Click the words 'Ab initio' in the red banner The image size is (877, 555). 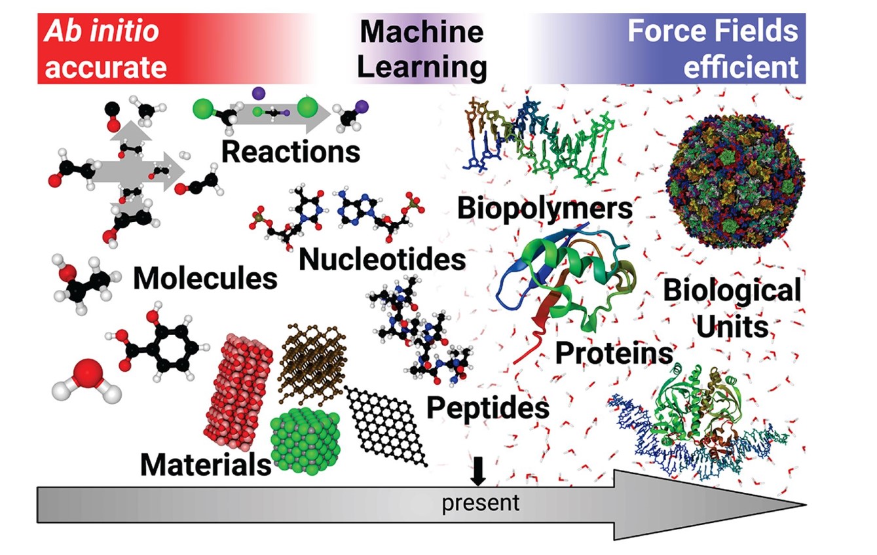(x=102, y=31)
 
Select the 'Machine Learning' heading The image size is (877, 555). (x=422, y=49)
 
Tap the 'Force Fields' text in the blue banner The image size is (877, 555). (x=713, y=31)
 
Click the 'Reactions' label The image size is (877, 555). (x=291, y=151)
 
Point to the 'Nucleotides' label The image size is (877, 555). (x=382, y=259)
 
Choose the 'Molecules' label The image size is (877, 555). (x=205, y=278)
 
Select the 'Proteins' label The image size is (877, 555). (x=614, y=353)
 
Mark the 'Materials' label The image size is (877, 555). (x=206, y=464)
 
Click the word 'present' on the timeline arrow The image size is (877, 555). (x=480, y=504)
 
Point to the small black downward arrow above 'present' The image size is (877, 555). (x=477, y=471)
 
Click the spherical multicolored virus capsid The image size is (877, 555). (x=736, y=182)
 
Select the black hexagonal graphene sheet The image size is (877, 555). (x=386, y=426)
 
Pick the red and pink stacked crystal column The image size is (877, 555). (x=238, y=391)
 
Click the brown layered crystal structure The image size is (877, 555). (x=312, y=365)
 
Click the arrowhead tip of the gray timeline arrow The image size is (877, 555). (x=806, y=505)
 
